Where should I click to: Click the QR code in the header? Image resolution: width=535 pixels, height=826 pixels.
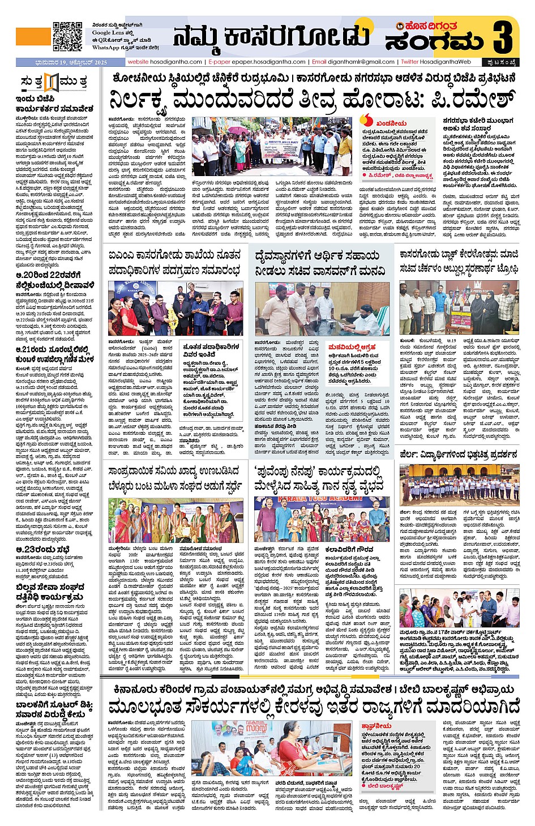(67, 37)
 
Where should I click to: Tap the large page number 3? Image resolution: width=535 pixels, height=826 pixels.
(503, 36)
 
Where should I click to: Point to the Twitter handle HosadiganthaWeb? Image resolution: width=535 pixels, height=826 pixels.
(446, 62)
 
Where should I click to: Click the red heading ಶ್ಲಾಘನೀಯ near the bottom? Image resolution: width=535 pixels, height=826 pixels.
(376, 725)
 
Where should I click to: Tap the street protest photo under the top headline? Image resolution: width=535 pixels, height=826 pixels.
(272, 147)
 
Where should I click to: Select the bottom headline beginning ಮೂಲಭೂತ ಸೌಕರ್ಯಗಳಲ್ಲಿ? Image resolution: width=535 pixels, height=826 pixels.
(314, 707)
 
